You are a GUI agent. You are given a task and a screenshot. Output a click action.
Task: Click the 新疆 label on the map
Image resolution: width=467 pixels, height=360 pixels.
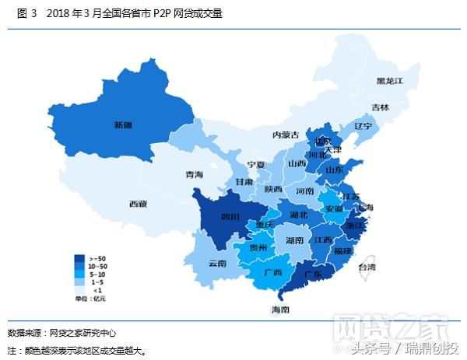tap(123, 124)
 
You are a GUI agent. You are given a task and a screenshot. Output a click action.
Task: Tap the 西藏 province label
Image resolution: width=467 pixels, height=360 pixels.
tap(138, 204)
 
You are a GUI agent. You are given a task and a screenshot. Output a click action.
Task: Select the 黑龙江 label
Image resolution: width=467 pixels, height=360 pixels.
tap(389, 80)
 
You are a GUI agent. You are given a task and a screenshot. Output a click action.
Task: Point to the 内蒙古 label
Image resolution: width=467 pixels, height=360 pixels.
tap(286, 135)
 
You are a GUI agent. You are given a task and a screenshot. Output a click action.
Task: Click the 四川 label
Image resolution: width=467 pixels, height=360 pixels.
tap(230, 216)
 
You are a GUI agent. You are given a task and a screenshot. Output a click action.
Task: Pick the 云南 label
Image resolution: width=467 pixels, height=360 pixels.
tap(217, 264)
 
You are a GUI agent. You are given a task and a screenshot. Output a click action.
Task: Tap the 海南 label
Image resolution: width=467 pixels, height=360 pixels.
tap(280, 309)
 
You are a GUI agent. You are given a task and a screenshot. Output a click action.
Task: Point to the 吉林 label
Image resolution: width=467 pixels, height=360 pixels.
tap(380, 107)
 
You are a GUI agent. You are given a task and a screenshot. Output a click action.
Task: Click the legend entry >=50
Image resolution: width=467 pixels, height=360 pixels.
tap(98, 258)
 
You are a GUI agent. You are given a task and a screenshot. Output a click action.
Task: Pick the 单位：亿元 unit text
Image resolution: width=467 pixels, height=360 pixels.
tap(90, 299)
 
